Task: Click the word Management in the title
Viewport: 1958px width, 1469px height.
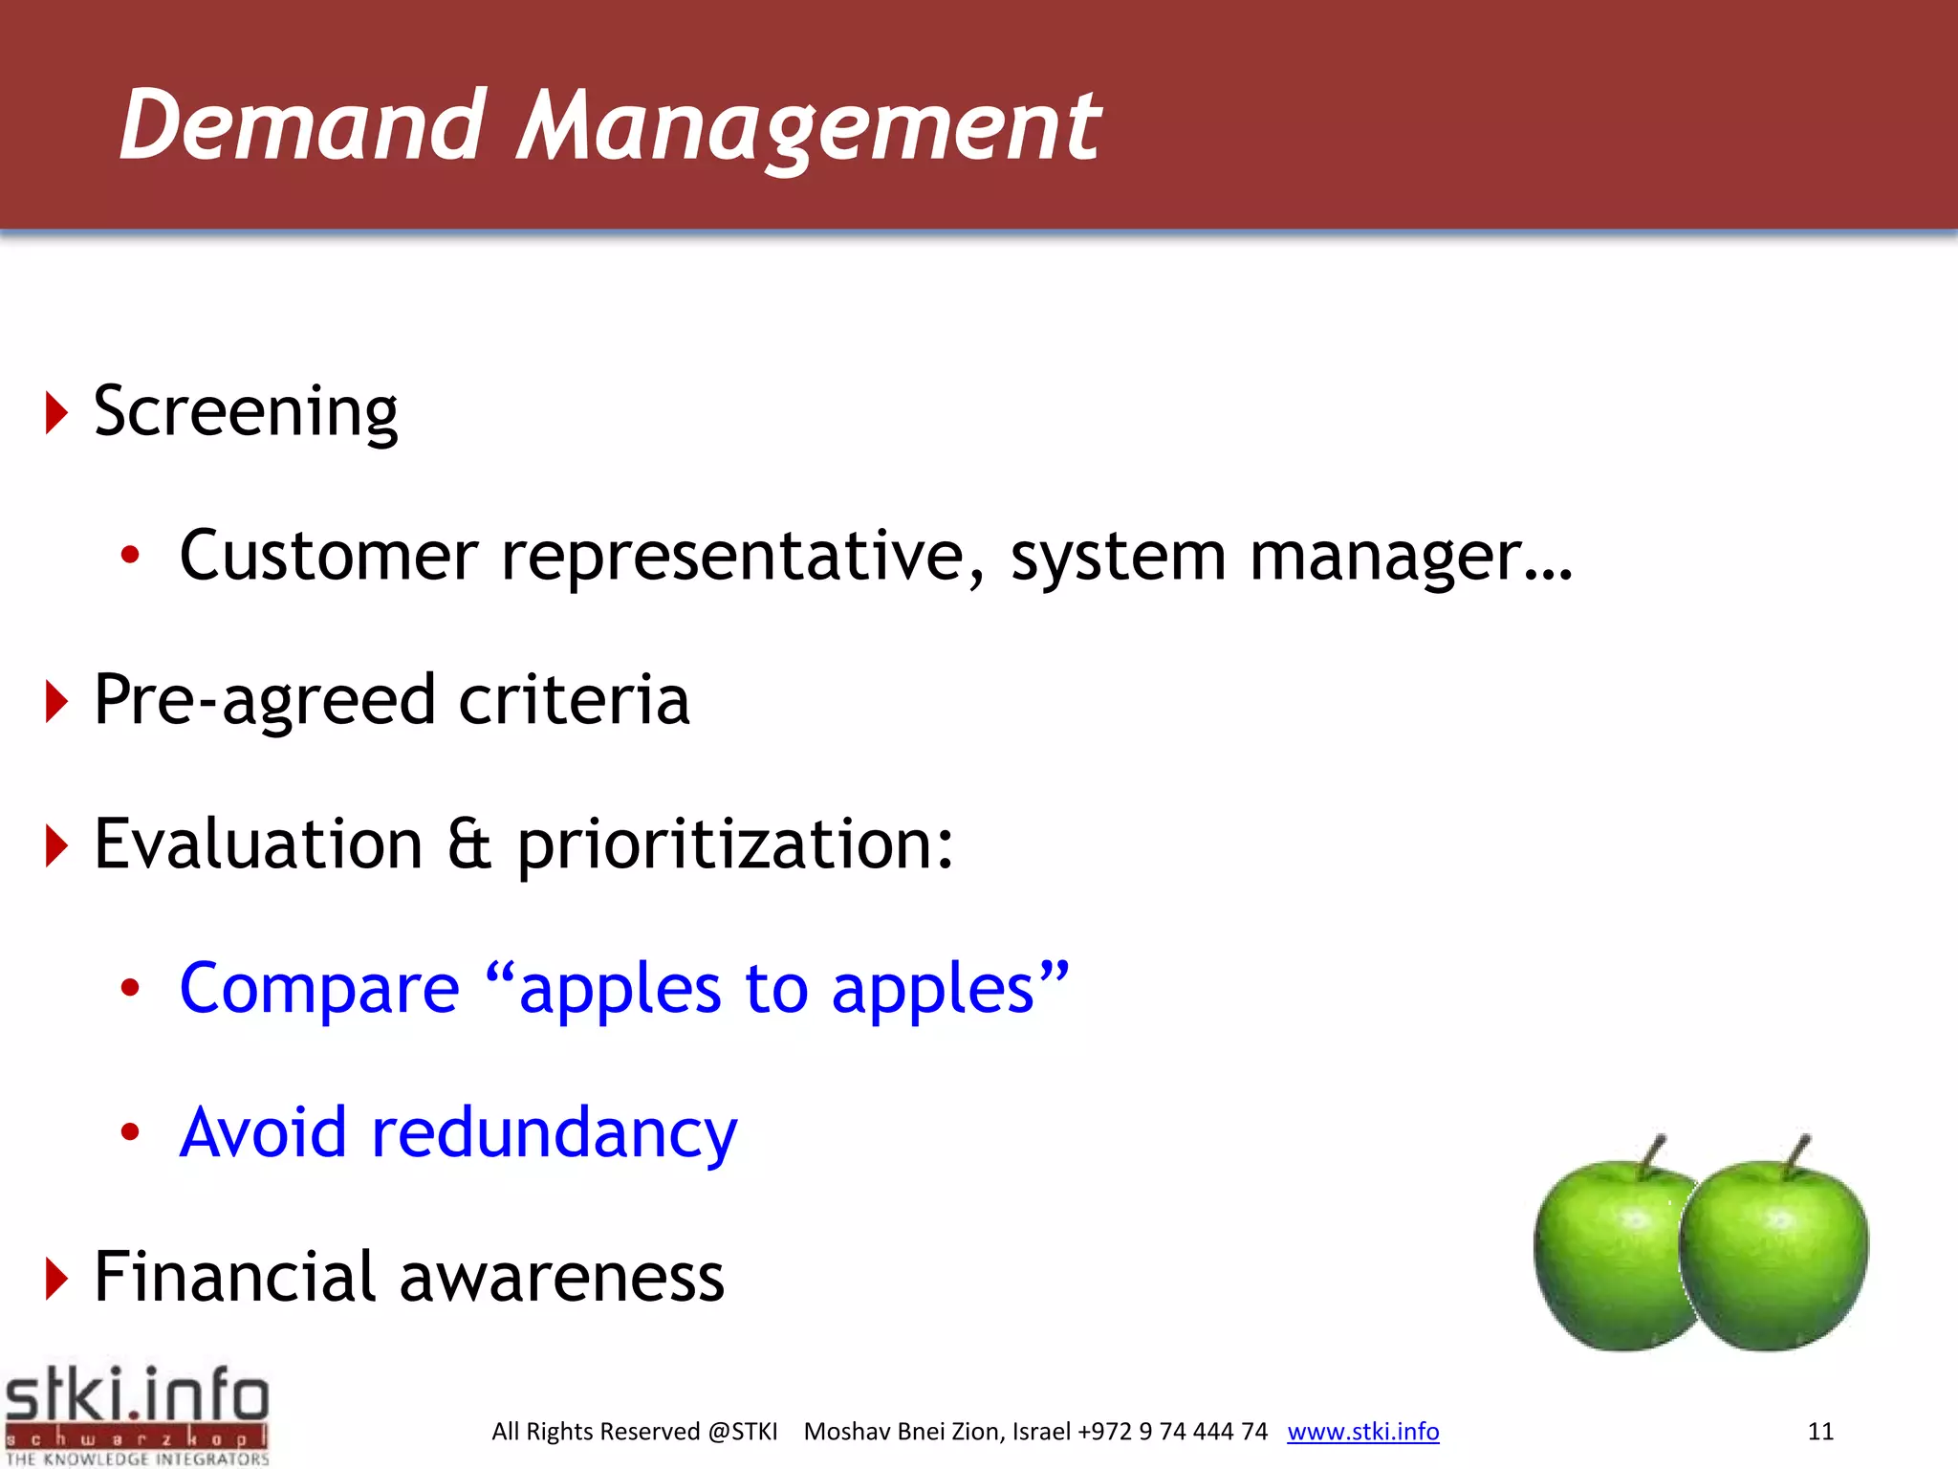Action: point(809,126)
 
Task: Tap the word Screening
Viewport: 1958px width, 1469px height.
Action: point(246,413)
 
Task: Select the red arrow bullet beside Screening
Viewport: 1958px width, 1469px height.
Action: point(56,413)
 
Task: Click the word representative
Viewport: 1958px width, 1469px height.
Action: point(742,557)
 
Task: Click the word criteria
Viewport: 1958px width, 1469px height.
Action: point(574,700)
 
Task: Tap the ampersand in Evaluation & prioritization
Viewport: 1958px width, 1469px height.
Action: point(469,845)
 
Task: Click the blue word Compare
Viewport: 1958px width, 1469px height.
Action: point(319,990)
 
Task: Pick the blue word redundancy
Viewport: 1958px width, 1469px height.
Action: point(555,1133)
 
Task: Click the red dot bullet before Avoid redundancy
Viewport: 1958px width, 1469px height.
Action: point(130,1132)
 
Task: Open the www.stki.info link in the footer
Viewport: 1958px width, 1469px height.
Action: point(1362,1432)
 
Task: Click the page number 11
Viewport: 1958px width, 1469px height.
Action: point(1820,1432)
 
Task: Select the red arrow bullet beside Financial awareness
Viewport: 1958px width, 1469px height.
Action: point(56,1279)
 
